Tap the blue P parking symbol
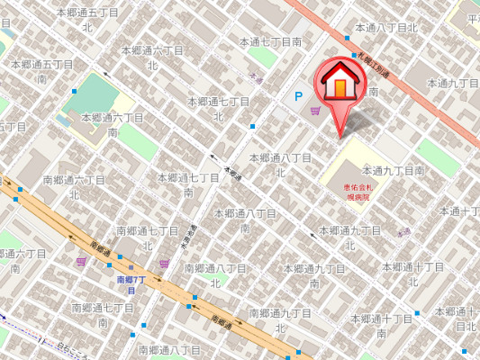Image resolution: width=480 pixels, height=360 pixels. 297,96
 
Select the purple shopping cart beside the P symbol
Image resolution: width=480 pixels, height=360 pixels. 314,111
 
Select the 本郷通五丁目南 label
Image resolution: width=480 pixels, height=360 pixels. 41,71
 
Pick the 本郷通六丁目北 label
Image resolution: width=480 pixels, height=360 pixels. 152,57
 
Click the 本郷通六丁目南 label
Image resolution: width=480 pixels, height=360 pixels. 113,124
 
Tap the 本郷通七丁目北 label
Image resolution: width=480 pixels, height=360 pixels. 218,108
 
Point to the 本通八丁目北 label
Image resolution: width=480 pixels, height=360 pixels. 387,28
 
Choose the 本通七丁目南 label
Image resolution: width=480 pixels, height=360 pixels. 270,42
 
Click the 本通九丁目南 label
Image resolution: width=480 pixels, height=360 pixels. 393,169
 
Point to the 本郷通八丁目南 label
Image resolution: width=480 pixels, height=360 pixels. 245,220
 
